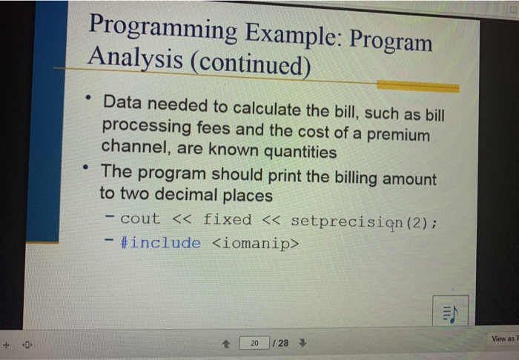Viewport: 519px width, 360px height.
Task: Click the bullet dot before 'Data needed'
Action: coord(88,97)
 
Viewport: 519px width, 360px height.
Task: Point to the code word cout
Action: coord(139,219)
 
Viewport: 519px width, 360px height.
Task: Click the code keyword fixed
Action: coord(227,219)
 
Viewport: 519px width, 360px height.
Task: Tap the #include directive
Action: coord(160,243)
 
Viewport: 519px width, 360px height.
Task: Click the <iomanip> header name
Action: coord(256,243)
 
